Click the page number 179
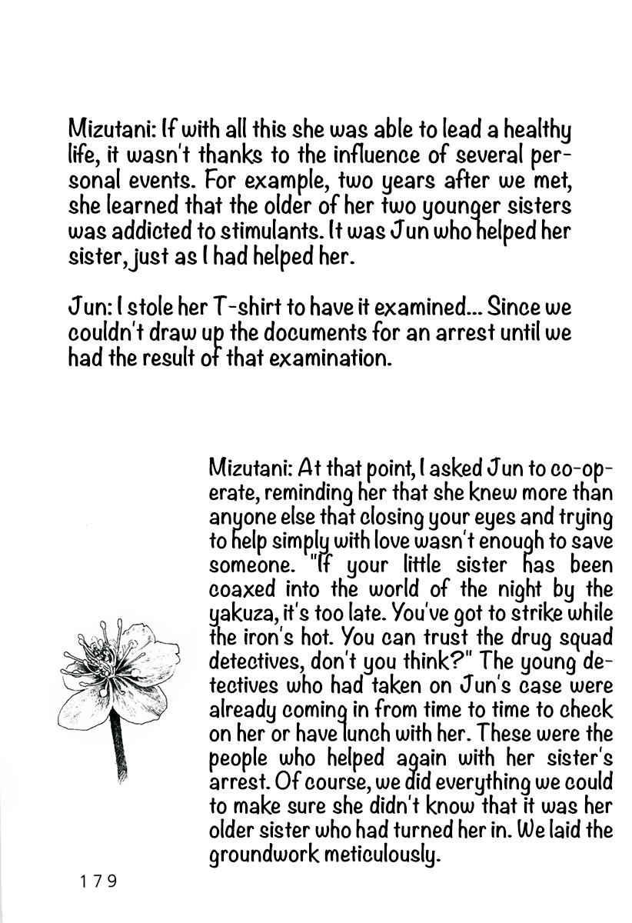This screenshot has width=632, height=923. click(97, 881)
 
